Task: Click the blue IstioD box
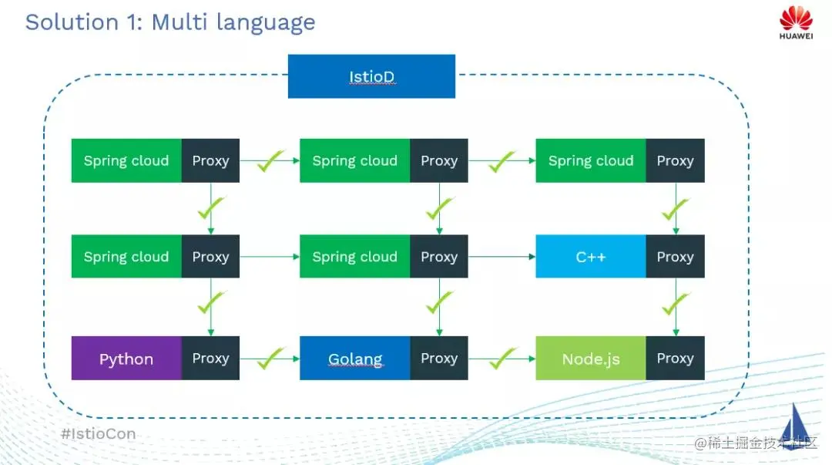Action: pyautogui.click(x=371, y=76)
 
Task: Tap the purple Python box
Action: pyautogui.click(x=126, y=358)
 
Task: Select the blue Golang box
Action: pyautogui.click(x=355, y=358)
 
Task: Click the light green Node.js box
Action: pyautogui.click(x=591, y=358)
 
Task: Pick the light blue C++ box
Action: pyautogui.click(x=591, y=256)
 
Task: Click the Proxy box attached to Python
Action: pyautogui.click(x=210, y=358)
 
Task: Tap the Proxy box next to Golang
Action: pyautogui.click(x=439, y=358)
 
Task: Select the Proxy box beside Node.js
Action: pyautogui.click(x=675, y=358)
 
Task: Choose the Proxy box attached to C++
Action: pyautogui.click(x=675, y=256)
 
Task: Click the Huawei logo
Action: pyautogui.click(x=796, y=22)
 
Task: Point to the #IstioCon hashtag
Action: pyautogui.click(x=98, y=433)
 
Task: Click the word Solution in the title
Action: pyautogui.click(x=72, y=22)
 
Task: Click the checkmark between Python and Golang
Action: pyautogui.click(x=270, y=358)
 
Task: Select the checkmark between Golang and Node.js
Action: pyautogui.click(x=502, y=358)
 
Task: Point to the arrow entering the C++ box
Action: pyautogui.click(x=502, y=257)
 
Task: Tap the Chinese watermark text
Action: pyautogui.click(x=756, y=443)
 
